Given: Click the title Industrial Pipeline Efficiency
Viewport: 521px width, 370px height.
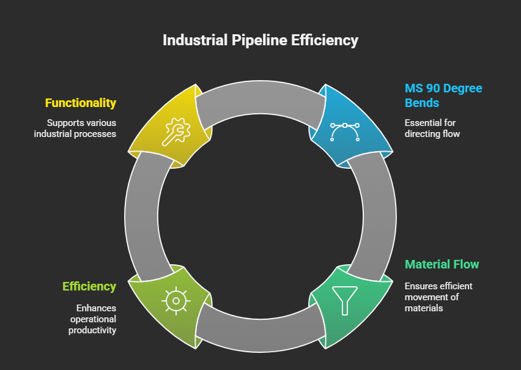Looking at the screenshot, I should coord(260,40).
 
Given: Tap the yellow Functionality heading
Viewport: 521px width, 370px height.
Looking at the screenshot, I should coord(81,103).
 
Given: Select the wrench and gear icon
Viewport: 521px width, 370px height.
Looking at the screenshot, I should coord(176,131).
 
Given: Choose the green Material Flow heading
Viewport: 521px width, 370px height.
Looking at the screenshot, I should coord(442,264).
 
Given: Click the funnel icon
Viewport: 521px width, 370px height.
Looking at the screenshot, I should coord(344,300).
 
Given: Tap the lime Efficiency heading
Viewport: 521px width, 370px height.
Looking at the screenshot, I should coord(89,286).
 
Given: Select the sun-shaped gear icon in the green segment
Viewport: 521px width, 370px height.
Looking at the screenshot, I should coord(176,300).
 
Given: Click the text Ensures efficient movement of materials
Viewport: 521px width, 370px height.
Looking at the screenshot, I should coord(438,297).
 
